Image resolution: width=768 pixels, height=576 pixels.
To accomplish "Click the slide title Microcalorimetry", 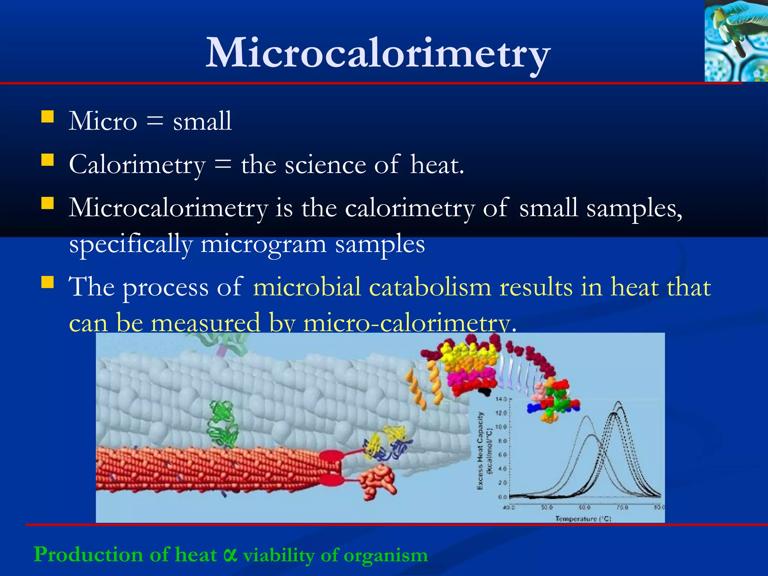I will click(x=378, y=54).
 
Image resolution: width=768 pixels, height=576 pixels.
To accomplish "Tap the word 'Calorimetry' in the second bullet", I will click(x=137, y=165).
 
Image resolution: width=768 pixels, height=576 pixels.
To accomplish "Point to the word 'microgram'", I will click(x=263, y=244).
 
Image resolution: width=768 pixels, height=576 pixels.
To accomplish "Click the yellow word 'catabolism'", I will click(x=430, y=287).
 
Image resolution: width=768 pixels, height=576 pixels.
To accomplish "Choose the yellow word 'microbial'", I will click(x=307, y=287).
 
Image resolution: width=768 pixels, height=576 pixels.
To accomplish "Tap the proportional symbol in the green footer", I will click(x=230, y=554).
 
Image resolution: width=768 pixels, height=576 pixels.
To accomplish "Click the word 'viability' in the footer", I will click(x=279, y=555).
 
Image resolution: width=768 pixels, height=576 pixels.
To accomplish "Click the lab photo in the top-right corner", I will click(x=736, y=41).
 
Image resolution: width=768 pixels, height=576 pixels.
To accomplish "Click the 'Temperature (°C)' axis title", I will click(x=583, y=519).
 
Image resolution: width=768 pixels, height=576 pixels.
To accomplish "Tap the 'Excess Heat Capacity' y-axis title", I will click(x=480, y=450).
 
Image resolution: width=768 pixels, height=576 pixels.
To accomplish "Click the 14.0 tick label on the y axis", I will click(x=501, y=399).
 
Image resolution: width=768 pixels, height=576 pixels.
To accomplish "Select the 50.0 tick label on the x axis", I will click(x=546, y=507).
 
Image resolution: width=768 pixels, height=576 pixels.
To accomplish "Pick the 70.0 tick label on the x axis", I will click(x=622, y=507).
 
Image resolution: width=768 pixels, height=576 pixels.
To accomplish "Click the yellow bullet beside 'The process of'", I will click(x=48, y=282).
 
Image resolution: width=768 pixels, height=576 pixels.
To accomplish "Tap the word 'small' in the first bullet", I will click(x=202, y=121).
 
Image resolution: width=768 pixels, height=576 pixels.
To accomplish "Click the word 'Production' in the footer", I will click(x=88, y=554).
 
